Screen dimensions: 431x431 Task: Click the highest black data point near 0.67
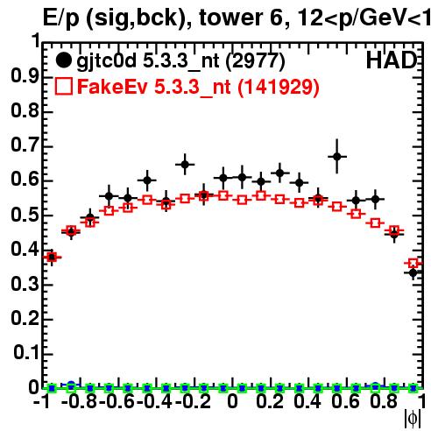tap(337, 157)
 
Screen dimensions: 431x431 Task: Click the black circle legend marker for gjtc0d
tap(63, 60)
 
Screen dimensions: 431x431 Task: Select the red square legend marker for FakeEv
tap(64, 87)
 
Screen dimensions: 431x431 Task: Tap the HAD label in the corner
tap(392, 60)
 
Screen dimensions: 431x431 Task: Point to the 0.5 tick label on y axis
tap(25, 215)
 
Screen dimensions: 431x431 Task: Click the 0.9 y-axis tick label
tap(25, 76)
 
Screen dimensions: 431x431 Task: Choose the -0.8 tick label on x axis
tap(80, 402)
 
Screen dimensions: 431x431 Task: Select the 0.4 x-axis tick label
tap(307, 402)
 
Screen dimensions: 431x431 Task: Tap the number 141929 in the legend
tap(278, 87)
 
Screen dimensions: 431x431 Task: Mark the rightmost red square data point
tap(413, 264)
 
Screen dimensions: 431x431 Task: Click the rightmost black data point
tap(413, 273)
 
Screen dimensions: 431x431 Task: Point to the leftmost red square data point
tap(52, 258)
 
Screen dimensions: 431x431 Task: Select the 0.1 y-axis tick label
tap(26, 353)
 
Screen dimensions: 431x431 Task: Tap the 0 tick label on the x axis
tap(232, 402)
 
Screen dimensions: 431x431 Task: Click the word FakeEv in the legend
tap(112, 87)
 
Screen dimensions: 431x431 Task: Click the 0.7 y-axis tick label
tap(25, 145)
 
